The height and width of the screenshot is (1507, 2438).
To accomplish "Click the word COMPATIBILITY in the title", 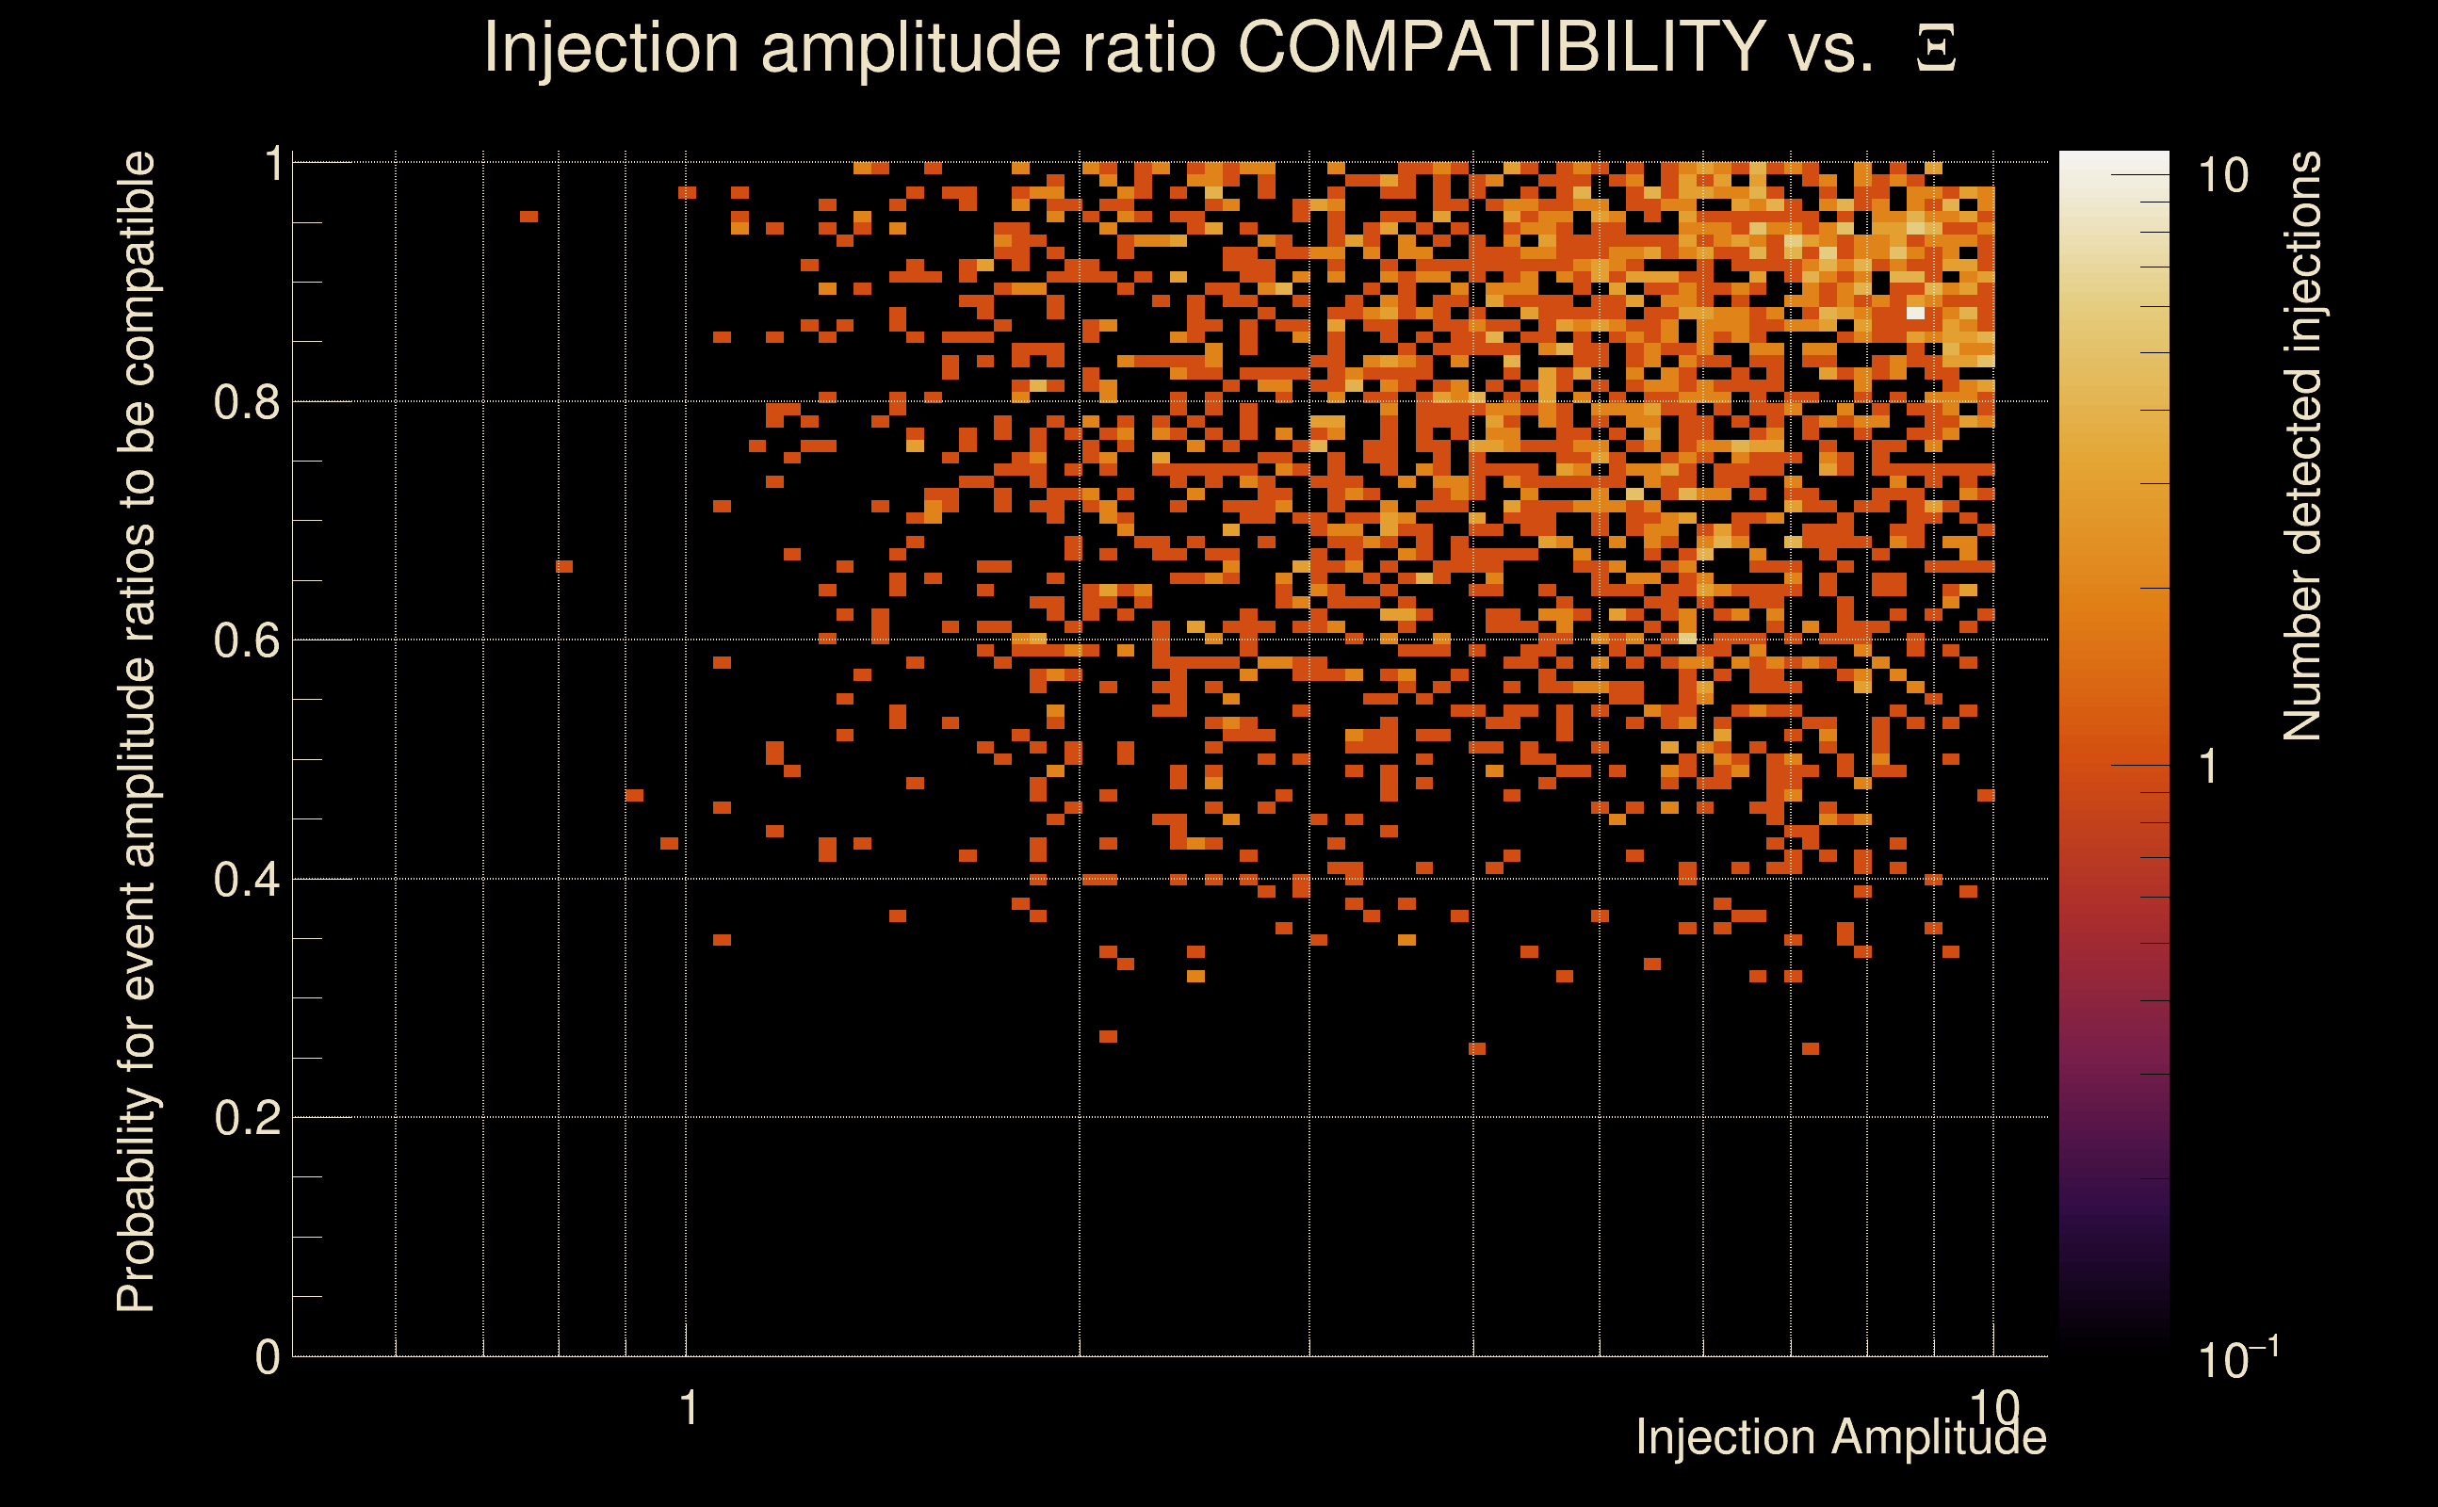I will click(x=1501, y=48).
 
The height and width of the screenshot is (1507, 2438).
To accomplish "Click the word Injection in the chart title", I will click(x=611, y=48).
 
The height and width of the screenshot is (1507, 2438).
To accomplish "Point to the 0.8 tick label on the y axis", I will click(x=246, y=403).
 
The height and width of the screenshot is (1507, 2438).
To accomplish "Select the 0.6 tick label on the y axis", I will click(x=246, y=640).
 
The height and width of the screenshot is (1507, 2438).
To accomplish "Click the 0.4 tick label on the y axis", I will click(x=246, y=880).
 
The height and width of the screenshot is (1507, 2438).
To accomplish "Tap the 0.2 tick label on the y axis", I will click(x=246, y=1118).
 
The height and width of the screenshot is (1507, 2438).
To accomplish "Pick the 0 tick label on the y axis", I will click(x=268, y=1357).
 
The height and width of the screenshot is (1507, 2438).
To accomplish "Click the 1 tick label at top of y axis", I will click(x=274, y=165).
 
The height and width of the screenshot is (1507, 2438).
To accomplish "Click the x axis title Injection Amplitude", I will click(x=1841, y=1438).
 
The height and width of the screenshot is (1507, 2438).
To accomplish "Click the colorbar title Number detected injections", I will click(x=2301, y=446).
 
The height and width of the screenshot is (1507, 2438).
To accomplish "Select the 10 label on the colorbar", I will click(x=2222, y=176).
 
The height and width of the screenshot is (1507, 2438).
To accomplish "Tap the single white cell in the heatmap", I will click(x=1915, y=313).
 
